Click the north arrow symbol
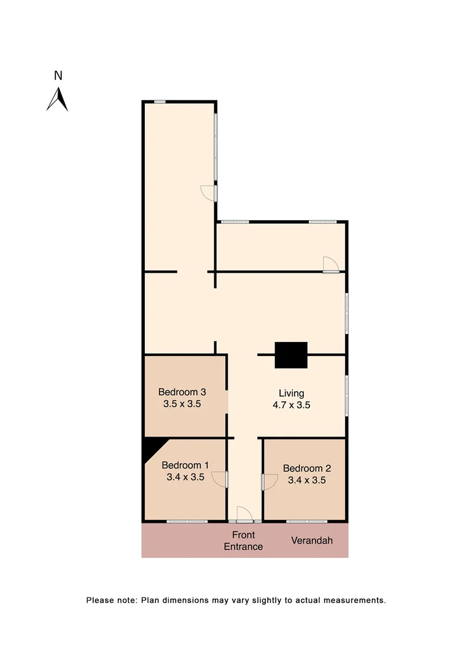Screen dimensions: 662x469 [x=58, y=100]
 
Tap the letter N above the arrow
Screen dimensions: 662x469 [x=58, y=76]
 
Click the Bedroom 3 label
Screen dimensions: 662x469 [x=182, y=392]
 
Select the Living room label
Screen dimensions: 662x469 [x=292, y=394]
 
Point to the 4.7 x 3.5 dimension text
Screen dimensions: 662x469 [x=292, y=405]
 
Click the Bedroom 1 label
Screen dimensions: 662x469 [x=185, y=465]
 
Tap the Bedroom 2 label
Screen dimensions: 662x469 [x=307, y=468]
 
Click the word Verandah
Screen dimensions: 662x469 [x=312, y=541]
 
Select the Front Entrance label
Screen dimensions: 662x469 [x=243, y=541]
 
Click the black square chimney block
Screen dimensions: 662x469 [x=291, y=355]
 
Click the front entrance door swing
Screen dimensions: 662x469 [x=244, y=514]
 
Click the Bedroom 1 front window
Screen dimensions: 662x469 [x=187, y=522]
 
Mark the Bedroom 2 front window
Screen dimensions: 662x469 [x=307, y=522]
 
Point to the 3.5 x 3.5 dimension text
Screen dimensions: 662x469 [x=182, y=404]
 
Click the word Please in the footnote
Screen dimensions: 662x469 [x=99, y=600]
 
